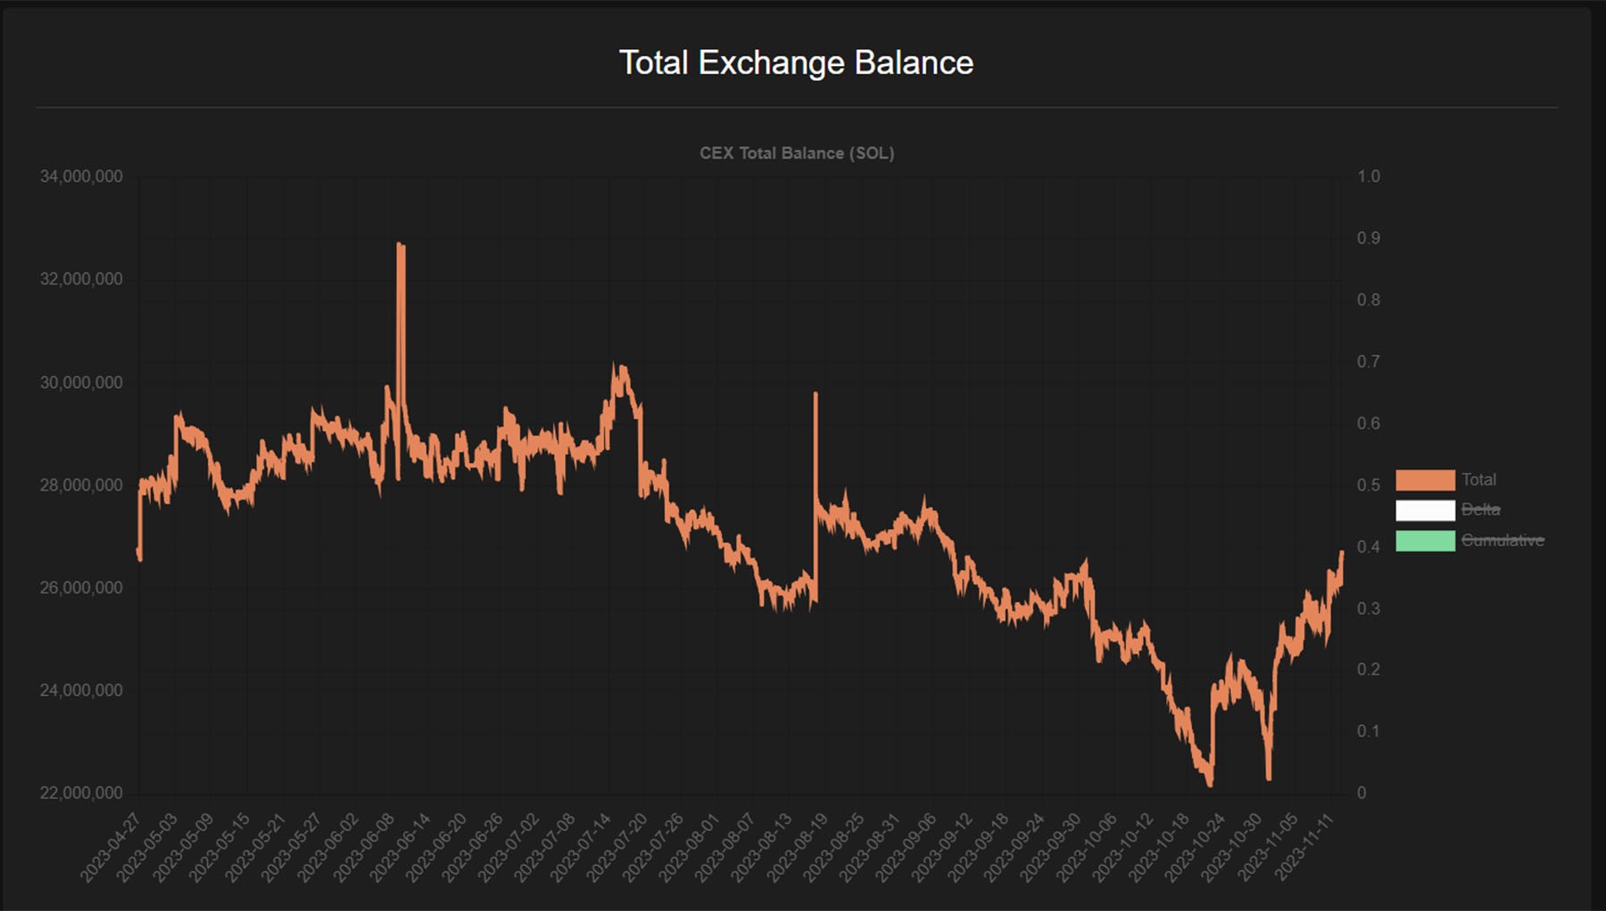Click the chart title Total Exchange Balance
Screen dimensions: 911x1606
point(796,62)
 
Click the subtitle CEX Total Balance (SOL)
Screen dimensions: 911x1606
point(796,153)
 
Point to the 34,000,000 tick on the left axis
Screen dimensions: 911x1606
point(81,177)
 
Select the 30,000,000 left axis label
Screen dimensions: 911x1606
point(81,382)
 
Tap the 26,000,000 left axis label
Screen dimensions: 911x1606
point(81,587)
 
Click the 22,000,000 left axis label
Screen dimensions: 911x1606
point(81,792)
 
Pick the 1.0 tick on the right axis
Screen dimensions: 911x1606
point(1368,177)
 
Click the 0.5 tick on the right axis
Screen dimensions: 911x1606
point(1368,484)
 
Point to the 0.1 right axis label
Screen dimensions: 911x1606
point(1368,731)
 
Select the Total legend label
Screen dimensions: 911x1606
point(1478,479)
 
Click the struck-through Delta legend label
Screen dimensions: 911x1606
point(1480,509)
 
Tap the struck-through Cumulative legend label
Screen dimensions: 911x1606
point(1503,540)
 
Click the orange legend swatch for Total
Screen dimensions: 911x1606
point(1425,480)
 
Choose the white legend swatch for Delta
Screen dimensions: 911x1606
point(1425,510)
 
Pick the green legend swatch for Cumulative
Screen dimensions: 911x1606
point(1425,541)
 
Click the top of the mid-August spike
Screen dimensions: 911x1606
point(815,393)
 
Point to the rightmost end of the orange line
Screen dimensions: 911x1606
point(1341,553)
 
